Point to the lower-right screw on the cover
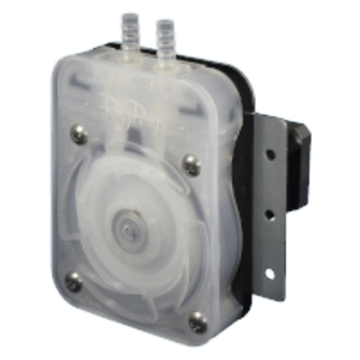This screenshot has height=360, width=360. click(x=196, y=318)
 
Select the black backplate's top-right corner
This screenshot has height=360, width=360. click(x=236, y=74)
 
